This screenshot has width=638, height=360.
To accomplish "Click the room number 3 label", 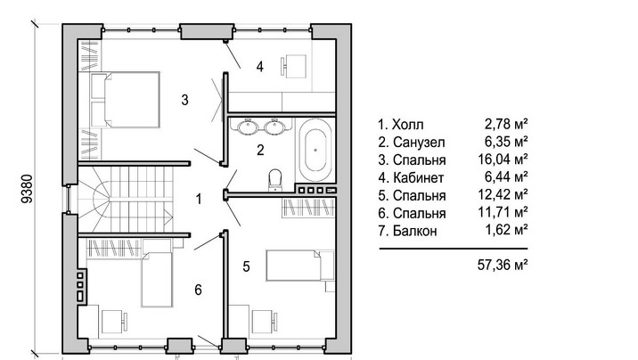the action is (x=184, y=100).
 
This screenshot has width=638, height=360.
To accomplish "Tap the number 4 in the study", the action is (x=259, y=66).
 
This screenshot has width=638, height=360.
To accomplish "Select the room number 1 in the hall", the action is (x=199, y=200).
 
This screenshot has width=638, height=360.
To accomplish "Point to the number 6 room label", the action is (x=198, y=290).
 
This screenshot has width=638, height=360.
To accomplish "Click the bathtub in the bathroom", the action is (x=315, y=150).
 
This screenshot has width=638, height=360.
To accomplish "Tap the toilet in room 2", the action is (x=275, y=180).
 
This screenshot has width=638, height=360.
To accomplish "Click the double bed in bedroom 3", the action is (x=126, y=100).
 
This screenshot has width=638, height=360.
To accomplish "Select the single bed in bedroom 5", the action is (x=300, y=266).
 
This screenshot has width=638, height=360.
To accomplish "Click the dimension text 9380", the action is (x=27, y=189).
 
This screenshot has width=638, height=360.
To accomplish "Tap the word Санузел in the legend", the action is (x=419, y=143).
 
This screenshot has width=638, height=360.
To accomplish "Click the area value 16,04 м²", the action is (x=503, y=159).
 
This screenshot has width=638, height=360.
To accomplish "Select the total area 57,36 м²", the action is (x=503, y=266).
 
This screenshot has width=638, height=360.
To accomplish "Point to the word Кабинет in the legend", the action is (x=418, y=177).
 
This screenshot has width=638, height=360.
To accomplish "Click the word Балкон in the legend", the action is (x=415, y=231).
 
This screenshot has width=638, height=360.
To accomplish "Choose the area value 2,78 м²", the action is (x=506, y=123).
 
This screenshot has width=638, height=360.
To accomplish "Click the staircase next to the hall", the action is (x=126, y=200).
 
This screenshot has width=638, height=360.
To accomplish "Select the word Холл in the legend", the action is (x=407, y=125).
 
